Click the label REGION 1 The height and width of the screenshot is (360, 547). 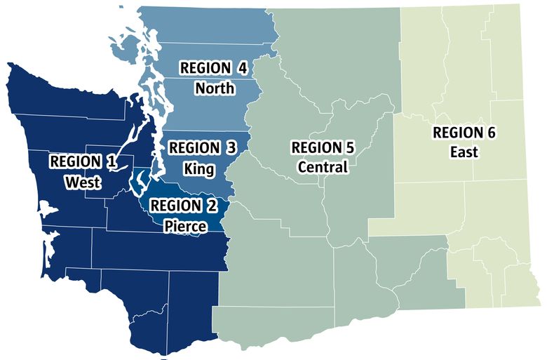83,161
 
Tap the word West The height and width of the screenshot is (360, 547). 83,182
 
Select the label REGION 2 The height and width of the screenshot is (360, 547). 183,205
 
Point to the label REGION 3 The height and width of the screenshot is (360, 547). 203,148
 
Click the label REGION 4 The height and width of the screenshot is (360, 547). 214,68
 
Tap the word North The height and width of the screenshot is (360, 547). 215,88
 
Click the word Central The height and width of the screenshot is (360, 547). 323,168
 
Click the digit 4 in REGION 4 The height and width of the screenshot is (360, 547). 243,68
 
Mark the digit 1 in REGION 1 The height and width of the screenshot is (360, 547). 111,161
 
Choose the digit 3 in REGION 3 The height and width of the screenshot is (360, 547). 231,148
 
